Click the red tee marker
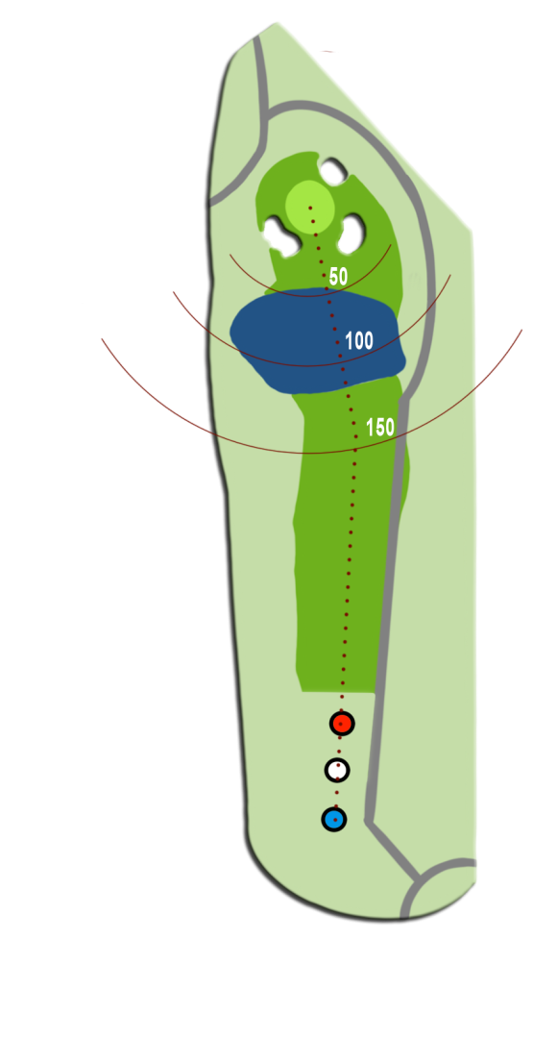point(342,724)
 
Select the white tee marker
point(337,770)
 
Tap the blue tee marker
point(334,819)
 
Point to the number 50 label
point(338,277)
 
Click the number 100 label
point(359,341)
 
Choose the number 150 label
point(380,428)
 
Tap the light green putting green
point(309,207)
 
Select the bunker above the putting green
point(334,172)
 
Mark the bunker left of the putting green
point(283,236)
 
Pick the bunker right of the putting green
point(351,233)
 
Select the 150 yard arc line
point(311,454)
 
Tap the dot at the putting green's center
point(309,208)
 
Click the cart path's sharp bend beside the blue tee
point(369,823)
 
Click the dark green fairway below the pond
point(349,543)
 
